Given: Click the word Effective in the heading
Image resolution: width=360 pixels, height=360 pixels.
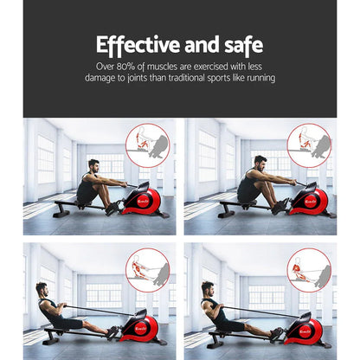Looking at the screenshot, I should click(138, 44).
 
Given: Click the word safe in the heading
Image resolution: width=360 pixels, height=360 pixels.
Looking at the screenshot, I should click(238, 44).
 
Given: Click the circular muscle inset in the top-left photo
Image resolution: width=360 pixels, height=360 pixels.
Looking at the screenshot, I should click(148, 145).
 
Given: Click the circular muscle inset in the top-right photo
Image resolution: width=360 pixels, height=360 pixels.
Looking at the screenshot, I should click(309, 145).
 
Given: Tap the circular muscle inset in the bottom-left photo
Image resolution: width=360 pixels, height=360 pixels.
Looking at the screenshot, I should click(148, 270).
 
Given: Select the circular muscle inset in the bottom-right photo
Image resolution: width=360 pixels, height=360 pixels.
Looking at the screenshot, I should click(309, 270).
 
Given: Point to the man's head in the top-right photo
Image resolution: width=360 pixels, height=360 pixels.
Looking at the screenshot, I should click(258, 164).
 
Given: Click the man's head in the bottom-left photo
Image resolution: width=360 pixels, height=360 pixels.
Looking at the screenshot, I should click(40, 288).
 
